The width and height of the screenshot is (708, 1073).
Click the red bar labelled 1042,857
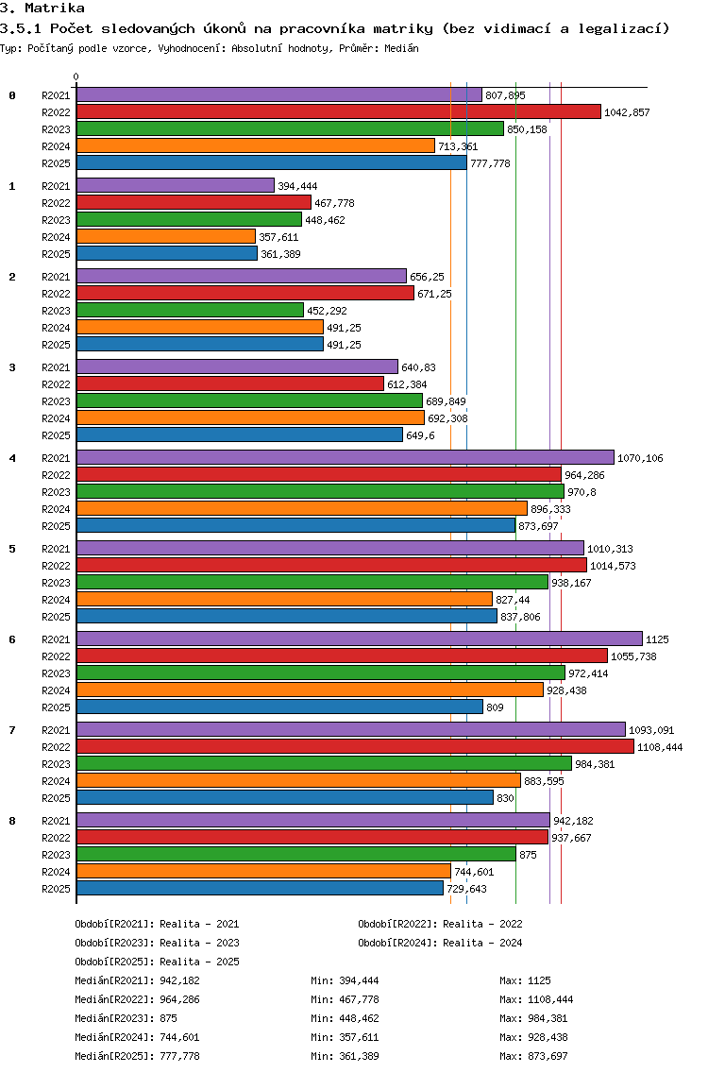339,111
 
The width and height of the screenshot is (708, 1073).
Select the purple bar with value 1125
360,639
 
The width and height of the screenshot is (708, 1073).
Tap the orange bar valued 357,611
166,236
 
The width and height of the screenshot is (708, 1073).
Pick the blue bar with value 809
279,707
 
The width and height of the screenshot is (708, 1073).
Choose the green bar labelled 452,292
190,310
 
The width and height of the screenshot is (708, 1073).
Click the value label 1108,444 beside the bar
660,747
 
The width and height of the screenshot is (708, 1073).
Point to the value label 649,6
420,435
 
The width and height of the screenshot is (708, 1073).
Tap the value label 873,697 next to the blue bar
538,526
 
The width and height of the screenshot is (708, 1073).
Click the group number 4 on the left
12,458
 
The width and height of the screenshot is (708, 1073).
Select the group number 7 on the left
12,730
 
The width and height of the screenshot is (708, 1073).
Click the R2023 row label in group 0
56,129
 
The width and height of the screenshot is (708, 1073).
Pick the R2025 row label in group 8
56,889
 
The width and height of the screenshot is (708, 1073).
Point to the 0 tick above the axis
76,77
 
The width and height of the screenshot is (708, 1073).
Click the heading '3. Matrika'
42,9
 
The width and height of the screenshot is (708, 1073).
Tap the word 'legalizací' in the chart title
623,28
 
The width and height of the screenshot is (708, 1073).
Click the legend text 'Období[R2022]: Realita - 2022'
440,924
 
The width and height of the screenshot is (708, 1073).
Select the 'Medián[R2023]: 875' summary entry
126,1018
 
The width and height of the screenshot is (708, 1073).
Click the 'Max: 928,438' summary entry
533,1037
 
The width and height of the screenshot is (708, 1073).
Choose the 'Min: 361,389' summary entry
345,1056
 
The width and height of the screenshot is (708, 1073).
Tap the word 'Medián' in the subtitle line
401,48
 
